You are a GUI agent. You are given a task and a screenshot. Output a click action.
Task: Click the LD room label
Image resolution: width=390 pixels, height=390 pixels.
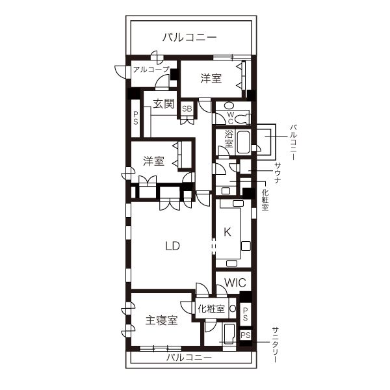point(172,246)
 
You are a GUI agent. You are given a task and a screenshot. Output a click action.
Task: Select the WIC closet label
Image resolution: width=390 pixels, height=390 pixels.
point(234,283)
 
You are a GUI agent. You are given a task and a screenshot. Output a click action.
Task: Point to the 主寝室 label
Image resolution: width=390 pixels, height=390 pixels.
point(161,320)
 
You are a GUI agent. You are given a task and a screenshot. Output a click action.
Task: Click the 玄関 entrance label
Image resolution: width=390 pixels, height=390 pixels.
point(164,103)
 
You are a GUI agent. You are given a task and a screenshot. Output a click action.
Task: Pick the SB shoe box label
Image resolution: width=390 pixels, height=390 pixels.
point(187,109)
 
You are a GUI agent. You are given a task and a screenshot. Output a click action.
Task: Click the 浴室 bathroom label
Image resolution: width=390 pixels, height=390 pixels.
point(228,138)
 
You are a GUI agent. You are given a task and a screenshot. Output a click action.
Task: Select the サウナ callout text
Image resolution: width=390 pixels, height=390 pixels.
point(278,174)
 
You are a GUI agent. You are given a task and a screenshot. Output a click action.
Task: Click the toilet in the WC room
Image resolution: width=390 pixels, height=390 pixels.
point(242,118)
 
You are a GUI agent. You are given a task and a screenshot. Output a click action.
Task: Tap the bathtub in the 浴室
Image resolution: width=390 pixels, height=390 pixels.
point(245,140)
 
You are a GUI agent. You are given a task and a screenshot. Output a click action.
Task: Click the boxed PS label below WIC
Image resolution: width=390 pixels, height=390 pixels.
point(245,335)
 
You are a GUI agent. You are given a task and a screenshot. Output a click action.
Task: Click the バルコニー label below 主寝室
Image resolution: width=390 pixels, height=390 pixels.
point(188,358)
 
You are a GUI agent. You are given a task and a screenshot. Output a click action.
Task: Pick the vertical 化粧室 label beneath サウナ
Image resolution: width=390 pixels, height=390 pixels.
point(265,200)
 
